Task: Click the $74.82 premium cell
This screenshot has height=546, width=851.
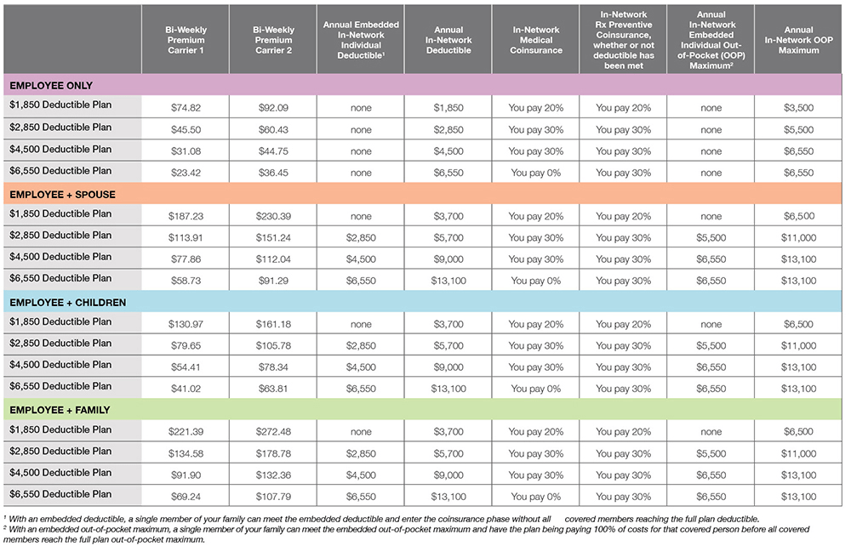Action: (186, 108)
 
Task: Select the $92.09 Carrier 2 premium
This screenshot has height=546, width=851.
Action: (273, 108)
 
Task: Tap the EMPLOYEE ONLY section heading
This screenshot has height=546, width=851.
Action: (51, 86)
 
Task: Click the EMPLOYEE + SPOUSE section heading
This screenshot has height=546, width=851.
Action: (62, 195)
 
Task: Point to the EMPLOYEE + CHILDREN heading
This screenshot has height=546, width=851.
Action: (67, 303)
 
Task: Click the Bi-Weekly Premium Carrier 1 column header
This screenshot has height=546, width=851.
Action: (186, 40)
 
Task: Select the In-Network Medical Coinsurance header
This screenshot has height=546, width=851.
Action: (535, 40)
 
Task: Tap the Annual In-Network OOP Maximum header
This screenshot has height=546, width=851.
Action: (798, 40)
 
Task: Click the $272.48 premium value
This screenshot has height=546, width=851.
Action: (273, 432)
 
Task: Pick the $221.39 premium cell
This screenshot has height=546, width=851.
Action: (186, 432)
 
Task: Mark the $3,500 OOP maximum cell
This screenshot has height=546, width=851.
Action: (798, 108)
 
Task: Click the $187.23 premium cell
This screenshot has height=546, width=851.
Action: (186, 217)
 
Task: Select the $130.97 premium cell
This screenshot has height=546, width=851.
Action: (186, 325)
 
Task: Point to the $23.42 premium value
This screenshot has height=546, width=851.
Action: (186, 173)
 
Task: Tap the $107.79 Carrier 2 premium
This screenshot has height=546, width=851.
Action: (273, 496)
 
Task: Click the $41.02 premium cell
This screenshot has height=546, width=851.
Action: (186, 389)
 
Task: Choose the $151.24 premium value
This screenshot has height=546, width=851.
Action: (273, 238)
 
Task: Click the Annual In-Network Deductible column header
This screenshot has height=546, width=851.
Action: (448, 40)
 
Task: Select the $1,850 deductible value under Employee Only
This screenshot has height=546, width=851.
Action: (448, 108)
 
